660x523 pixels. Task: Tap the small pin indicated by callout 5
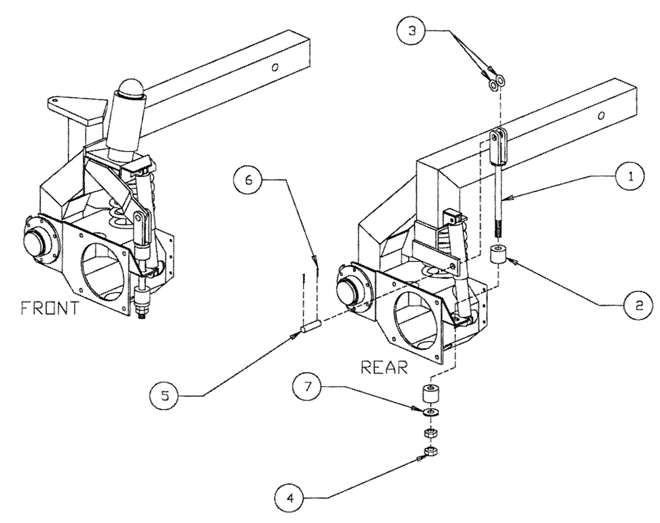click(310, 326)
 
